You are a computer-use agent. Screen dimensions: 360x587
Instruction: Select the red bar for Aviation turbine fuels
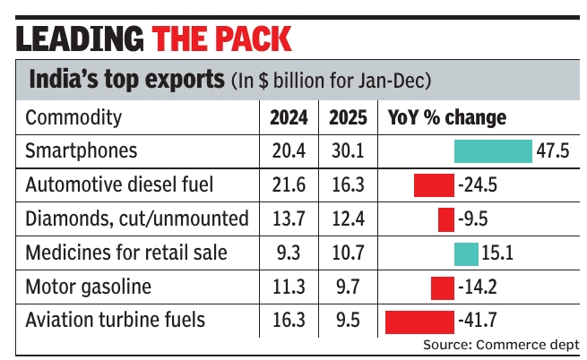[x=419, y=320]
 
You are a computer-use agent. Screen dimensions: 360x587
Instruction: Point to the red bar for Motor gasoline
[x=443, y=287]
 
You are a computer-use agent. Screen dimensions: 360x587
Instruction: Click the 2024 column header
[x=289, y=118]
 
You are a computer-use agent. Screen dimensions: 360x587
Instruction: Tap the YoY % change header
[x=446, y=118]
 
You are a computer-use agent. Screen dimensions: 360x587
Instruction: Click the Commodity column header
[x=73, y=118]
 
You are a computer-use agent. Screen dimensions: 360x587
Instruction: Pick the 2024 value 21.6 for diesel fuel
[x=289, y=185]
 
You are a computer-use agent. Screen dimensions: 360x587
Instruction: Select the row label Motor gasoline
[x=90, y=287]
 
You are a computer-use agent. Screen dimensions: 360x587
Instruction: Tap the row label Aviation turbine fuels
[x=116, y=320]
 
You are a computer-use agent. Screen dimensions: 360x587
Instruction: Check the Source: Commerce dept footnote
[x=501, y=344]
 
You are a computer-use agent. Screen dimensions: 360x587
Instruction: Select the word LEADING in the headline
[x=81, y=39]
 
